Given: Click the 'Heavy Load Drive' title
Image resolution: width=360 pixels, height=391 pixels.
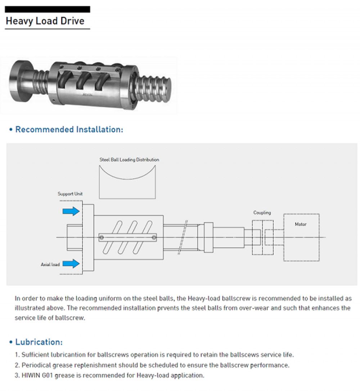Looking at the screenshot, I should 45,21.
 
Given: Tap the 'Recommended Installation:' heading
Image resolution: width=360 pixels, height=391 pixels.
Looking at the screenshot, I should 69,129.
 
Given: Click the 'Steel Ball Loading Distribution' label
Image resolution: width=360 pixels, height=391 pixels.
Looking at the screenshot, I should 129,160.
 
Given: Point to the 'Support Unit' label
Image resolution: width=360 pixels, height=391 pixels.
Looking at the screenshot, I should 70,194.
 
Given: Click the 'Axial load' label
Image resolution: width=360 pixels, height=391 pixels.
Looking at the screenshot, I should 50,265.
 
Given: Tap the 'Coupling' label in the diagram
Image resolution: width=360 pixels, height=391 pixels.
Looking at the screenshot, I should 262,213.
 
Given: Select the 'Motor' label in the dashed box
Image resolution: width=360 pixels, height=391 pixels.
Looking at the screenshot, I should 301,224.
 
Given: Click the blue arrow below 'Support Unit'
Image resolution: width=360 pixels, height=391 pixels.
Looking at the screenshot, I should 71,211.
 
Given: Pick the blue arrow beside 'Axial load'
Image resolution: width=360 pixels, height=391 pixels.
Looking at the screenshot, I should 71,264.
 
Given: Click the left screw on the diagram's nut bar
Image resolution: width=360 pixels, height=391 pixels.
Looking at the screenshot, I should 102,237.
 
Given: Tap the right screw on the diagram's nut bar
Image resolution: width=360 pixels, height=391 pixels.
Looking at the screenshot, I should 154,237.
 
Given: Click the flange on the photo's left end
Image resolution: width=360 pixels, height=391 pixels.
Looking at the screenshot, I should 18,81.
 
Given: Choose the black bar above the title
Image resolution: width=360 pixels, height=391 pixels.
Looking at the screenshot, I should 47,10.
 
